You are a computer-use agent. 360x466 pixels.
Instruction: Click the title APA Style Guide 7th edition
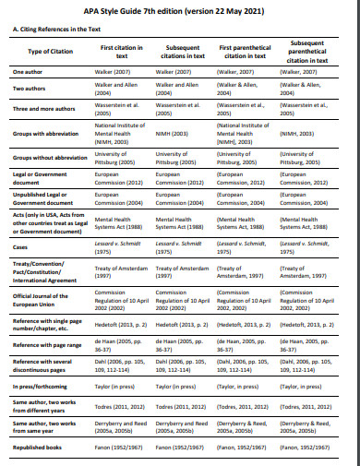(x=180, y=10)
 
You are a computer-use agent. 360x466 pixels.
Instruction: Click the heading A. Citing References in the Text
(x=55, y=29)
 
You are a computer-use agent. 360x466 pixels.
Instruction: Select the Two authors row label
(x=30, y=89)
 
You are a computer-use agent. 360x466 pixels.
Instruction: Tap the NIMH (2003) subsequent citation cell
(x=175, y=134)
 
